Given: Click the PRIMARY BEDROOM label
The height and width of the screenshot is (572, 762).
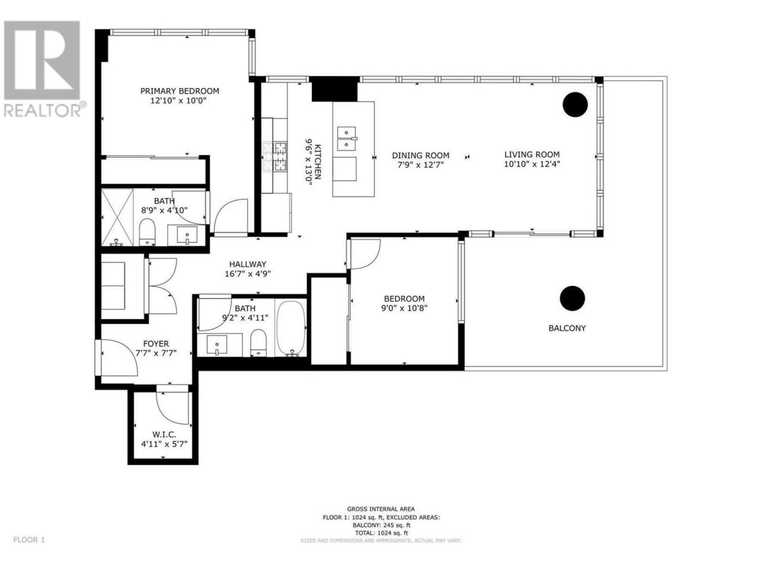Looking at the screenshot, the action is point(179,91).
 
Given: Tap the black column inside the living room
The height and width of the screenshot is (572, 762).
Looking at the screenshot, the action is point(575,104).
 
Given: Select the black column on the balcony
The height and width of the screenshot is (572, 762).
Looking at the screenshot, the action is point(572,299).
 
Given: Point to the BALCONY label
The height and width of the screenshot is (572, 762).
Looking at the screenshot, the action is point(567,328).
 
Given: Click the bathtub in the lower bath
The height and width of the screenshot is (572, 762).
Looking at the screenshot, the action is point(291,328).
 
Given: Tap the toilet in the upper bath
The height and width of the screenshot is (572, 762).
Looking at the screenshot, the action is point(147,232).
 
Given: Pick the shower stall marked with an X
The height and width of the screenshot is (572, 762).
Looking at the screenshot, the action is point(117,217).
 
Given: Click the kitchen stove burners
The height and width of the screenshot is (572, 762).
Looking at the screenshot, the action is point(274,157).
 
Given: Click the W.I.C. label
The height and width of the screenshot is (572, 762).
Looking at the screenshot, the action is point(164,434).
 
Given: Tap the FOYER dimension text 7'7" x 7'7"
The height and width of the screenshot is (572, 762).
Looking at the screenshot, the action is point(156,353).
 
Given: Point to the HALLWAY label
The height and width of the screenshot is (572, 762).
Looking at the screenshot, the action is point(248,264).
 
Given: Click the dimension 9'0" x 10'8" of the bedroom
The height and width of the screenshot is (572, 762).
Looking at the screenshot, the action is point(404,307).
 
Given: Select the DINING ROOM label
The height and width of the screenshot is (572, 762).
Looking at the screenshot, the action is point(420,156).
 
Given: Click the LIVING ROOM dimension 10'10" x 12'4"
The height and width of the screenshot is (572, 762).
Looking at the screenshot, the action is point(532,164).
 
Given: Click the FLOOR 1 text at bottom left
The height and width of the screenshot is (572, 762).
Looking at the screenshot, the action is point(29,549).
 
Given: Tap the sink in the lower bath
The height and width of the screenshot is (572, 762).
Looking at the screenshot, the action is point(217,344).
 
